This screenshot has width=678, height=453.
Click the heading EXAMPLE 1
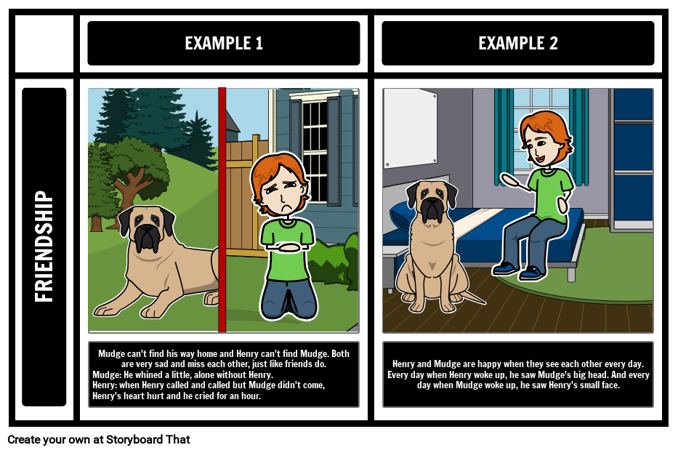224,44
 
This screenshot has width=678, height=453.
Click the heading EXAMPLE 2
517,44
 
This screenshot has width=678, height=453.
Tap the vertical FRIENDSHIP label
44,246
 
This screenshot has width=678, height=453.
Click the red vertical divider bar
222,210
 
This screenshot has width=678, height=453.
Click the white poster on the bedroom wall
410,127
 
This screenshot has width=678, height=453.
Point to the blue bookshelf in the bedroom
631,160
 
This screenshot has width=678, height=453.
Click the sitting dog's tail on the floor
472,298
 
